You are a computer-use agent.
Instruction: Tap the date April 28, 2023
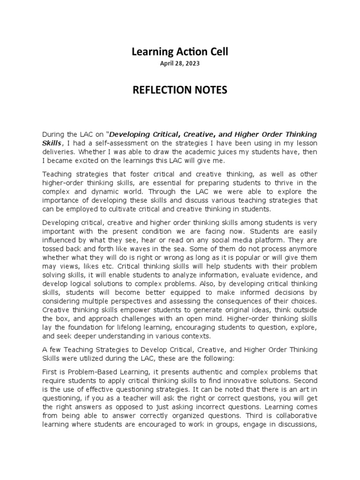[x=180, y=64]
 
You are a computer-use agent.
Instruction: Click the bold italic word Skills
[x=52, y=142]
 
